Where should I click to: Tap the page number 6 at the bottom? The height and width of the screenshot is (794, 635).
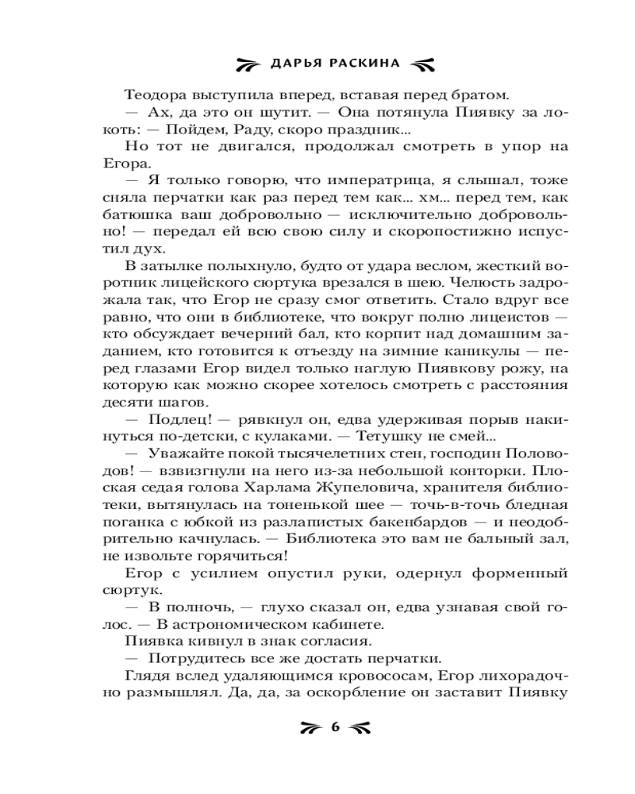click(334, 727)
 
